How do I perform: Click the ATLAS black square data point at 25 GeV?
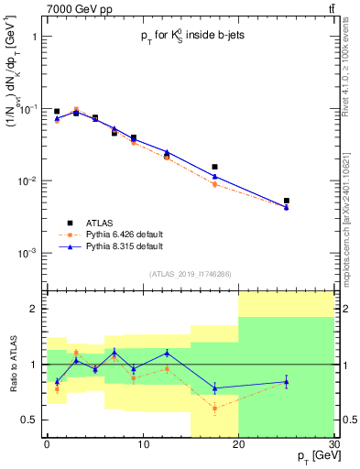(286, 201)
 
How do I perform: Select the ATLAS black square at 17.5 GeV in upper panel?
(214, 167)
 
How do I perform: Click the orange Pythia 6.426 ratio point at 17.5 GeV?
(214, 409)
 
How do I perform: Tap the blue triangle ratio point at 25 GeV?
(286, 382)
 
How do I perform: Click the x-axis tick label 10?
(142, 446)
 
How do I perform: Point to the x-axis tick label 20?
(238, 446)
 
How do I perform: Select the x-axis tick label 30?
(333, 446)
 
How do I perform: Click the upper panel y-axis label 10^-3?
(27, 252)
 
